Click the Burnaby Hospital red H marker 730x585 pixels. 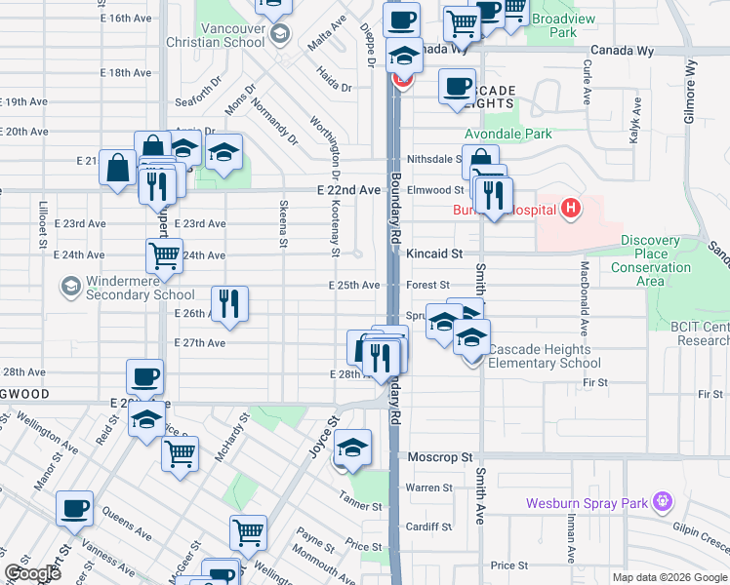[x=571, y=208]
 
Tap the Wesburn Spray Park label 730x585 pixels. [x=587, y=503]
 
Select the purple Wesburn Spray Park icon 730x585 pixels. [x=663, y=502]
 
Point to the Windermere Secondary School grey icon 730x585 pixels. [x=70, y=286]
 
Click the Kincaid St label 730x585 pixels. [x=435, y=253]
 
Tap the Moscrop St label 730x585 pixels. [x=440, y=456]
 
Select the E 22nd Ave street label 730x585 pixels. [x=347, y=190]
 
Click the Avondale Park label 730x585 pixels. [x=508, y=134]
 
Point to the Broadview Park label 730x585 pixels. [x=562, y=24]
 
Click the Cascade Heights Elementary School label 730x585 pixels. [x=545, y=356]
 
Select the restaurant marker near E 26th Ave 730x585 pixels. [x=229, y=301]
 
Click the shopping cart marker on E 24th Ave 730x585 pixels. [x=165, y=255]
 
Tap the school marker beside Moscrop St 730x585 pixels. [x=352, y=448]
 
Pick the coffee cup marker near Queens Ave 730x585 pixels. [x=75, y=508]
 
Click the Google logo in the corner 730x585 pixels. [x=33, y=572]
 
